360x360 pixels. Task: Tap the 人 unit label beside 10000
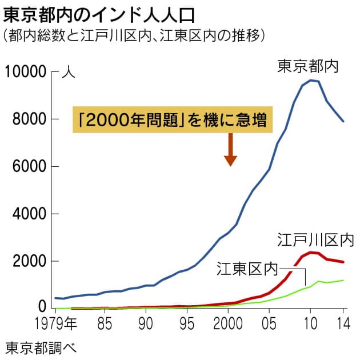pyautogui.click(x=68, y=73)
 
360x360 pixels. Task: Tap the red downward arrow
pyautogui.click(x=230, y=149)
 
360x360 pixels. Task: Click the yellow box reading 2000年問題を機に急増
pyautogui.click(x=172, y=120)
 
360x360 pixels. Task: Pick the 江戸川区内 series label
pyautogui.click(x=316, y=239)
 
